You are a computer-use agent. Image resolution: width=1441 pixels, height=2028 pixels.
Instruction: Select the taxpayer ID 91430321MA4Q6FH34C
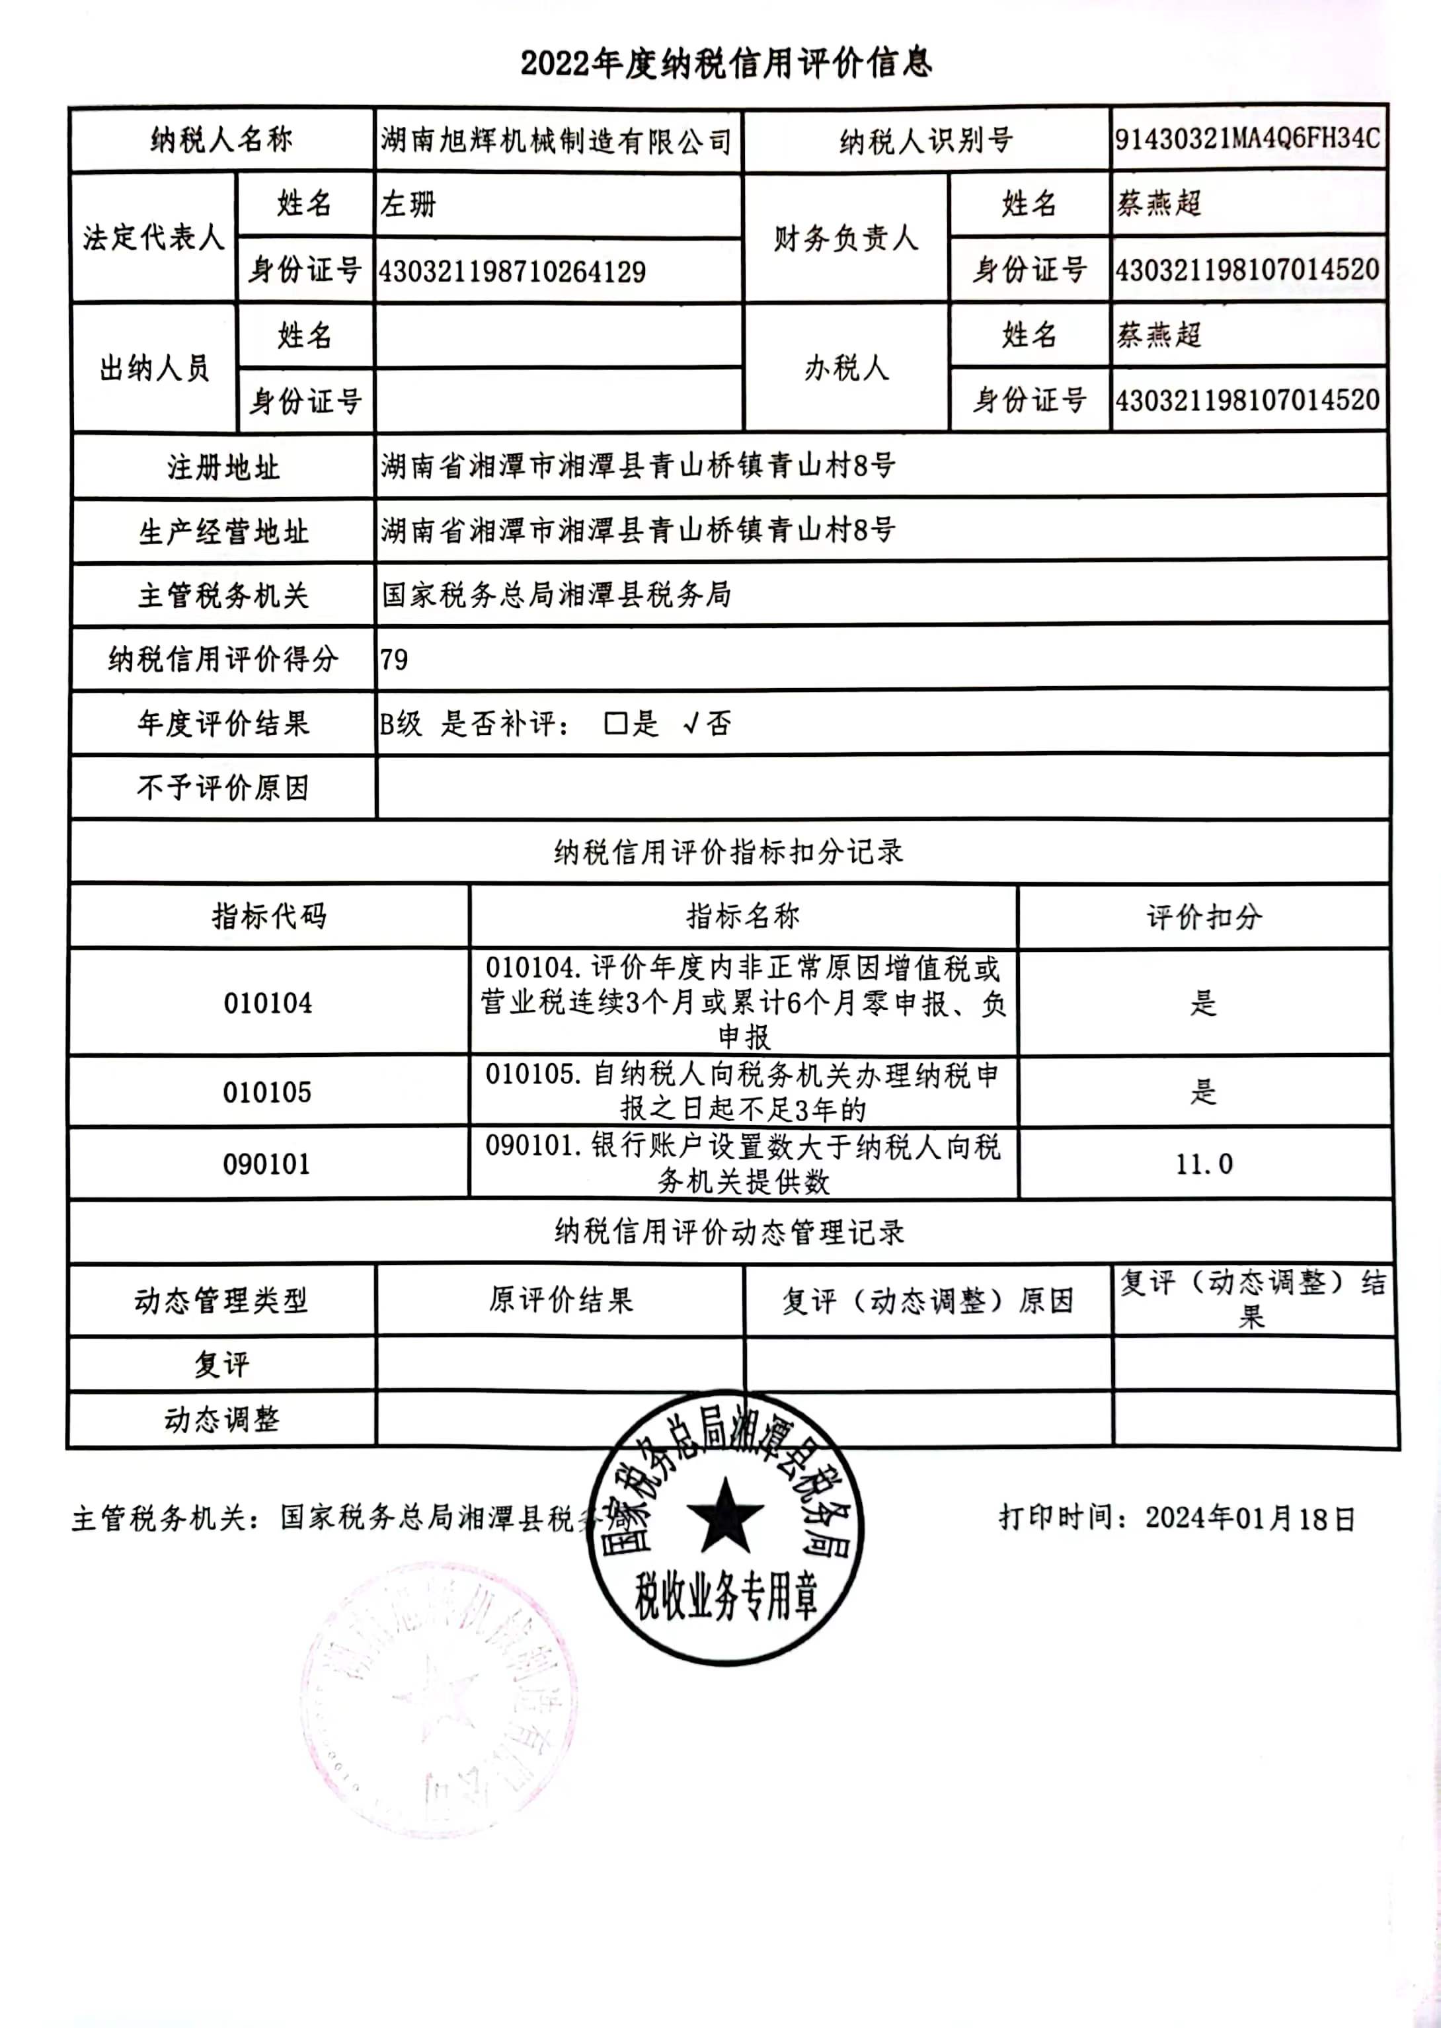click(x=1247, y=139)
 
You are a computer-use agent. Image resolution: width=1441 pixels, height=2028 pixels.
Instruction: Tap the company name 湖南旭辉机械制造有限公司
click(x=557, y=141)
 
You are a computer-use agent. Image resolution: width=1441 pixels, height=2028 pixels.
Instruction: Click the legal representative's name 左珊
click(x=408, y=205)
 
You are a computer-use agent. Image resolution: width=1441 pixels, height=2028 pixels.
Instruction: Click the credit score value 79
click(x=394, y=659)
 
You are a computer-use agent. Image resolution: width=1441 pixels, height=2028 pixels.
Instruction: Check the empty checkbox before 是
click(x=615, y=724)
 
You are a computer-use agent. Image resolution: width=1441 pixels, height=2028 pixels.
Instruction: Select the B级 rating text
click(x=400, y=724)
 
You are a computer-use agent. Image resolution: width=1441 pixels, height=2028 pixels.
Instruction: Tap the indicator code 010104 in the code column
click(x=268, y=1003)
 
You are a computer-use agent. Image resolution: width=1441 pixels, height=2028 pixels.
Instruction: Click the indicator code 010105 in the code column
click(x=267, y=1092)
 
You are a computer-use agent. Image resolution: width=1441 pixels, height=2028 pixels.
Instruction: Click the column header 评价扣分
click(x=1204, y=916)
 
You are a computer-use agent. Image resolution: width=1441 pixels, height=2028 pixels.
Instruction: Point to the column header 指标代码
click(x=269, y=916)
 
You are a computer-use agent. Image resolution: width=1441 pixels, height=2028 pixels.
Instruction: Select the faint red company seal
click(x=439, y=1699)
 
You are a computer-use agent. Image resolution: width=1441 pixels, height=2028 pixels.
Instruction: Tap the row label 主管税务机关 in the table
click(x=223, y=594)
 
